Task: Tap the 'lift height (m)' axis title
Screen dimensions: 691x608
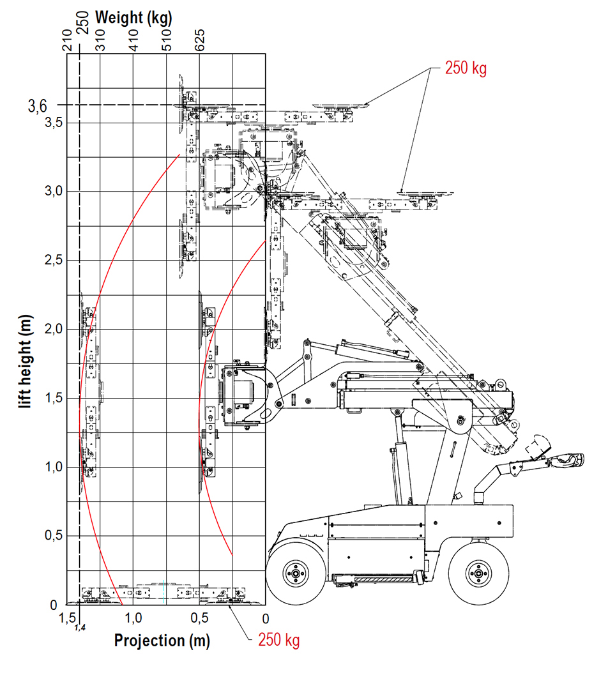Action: (x=26, y=361)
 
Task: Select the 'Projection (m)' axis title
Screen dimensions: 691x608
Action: (x=162, y=640)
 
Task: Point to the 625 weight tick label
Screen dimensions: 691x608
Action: (x=199, y=40)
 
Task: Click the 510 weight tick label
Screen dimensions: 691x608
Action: (x=166, y=40)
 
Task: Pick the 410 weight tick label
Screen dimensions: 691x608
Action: (x=133, y=40)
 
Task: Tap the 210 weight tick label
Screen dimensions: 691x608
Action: (x=66, y=40)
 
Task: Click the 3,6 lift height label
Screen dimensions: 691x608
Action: (x=38, y=106)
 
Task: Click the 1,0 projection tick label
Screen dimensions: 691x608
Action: (x=133, y=618)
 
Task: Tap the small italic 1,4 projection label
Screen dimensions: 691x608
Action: (x=80, y=628)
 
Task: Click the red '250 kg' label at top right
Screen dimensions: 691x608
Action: (x=466, y=68)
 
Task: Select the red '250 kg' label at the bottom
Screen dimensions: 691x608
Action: (x=278, y=640)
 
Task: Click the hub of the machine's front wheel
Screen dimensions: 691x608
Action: (x=295, y=572)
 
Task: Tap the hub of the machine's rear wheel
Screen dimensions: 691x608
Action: (x=476, y=572)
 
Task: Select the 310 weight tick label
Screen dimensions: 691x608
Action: (x=100, y=40)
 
